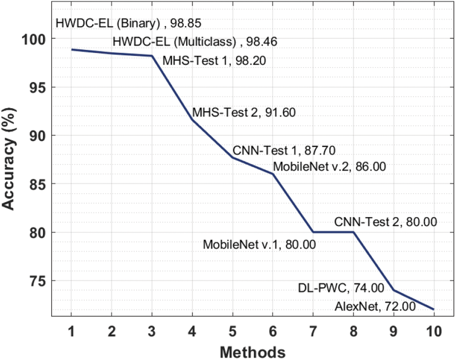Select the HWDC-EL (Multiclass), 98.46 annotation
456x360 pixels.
point(194,42)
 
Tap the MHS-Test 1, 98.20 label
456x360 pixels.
point(214,61)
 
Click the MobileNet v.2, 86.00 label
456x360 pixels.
point(329,166)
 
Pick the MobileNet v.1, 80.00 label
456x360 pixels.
point(259,245)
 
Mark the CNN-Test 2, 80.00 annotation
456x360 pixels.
point(385,222)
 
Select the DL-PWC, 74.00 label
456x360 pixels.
point(341,288)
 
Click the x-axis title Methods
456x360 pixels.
point(252,352)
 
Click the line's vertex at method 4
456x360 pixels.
point(192,120)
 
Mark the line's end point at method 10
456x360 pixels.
point(434,309)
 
